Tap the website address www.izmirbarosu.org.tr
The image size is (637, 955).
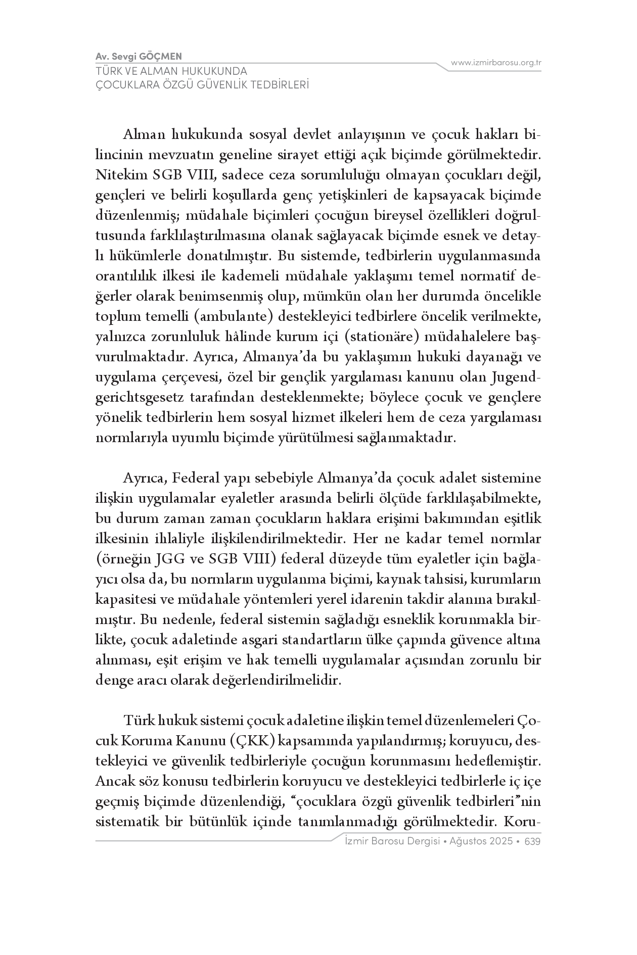496,63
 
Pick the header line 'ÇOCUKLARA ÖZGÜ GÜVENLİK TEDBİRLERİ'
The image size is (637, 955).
202,85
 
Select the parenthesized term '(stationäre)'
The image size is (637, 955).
382,337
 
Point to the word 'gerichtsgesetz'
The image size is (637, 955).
139,398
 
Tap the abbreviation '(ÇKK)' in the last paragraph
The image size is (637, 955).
252,741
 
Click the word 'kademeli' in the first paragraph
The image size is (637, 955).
254,276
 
